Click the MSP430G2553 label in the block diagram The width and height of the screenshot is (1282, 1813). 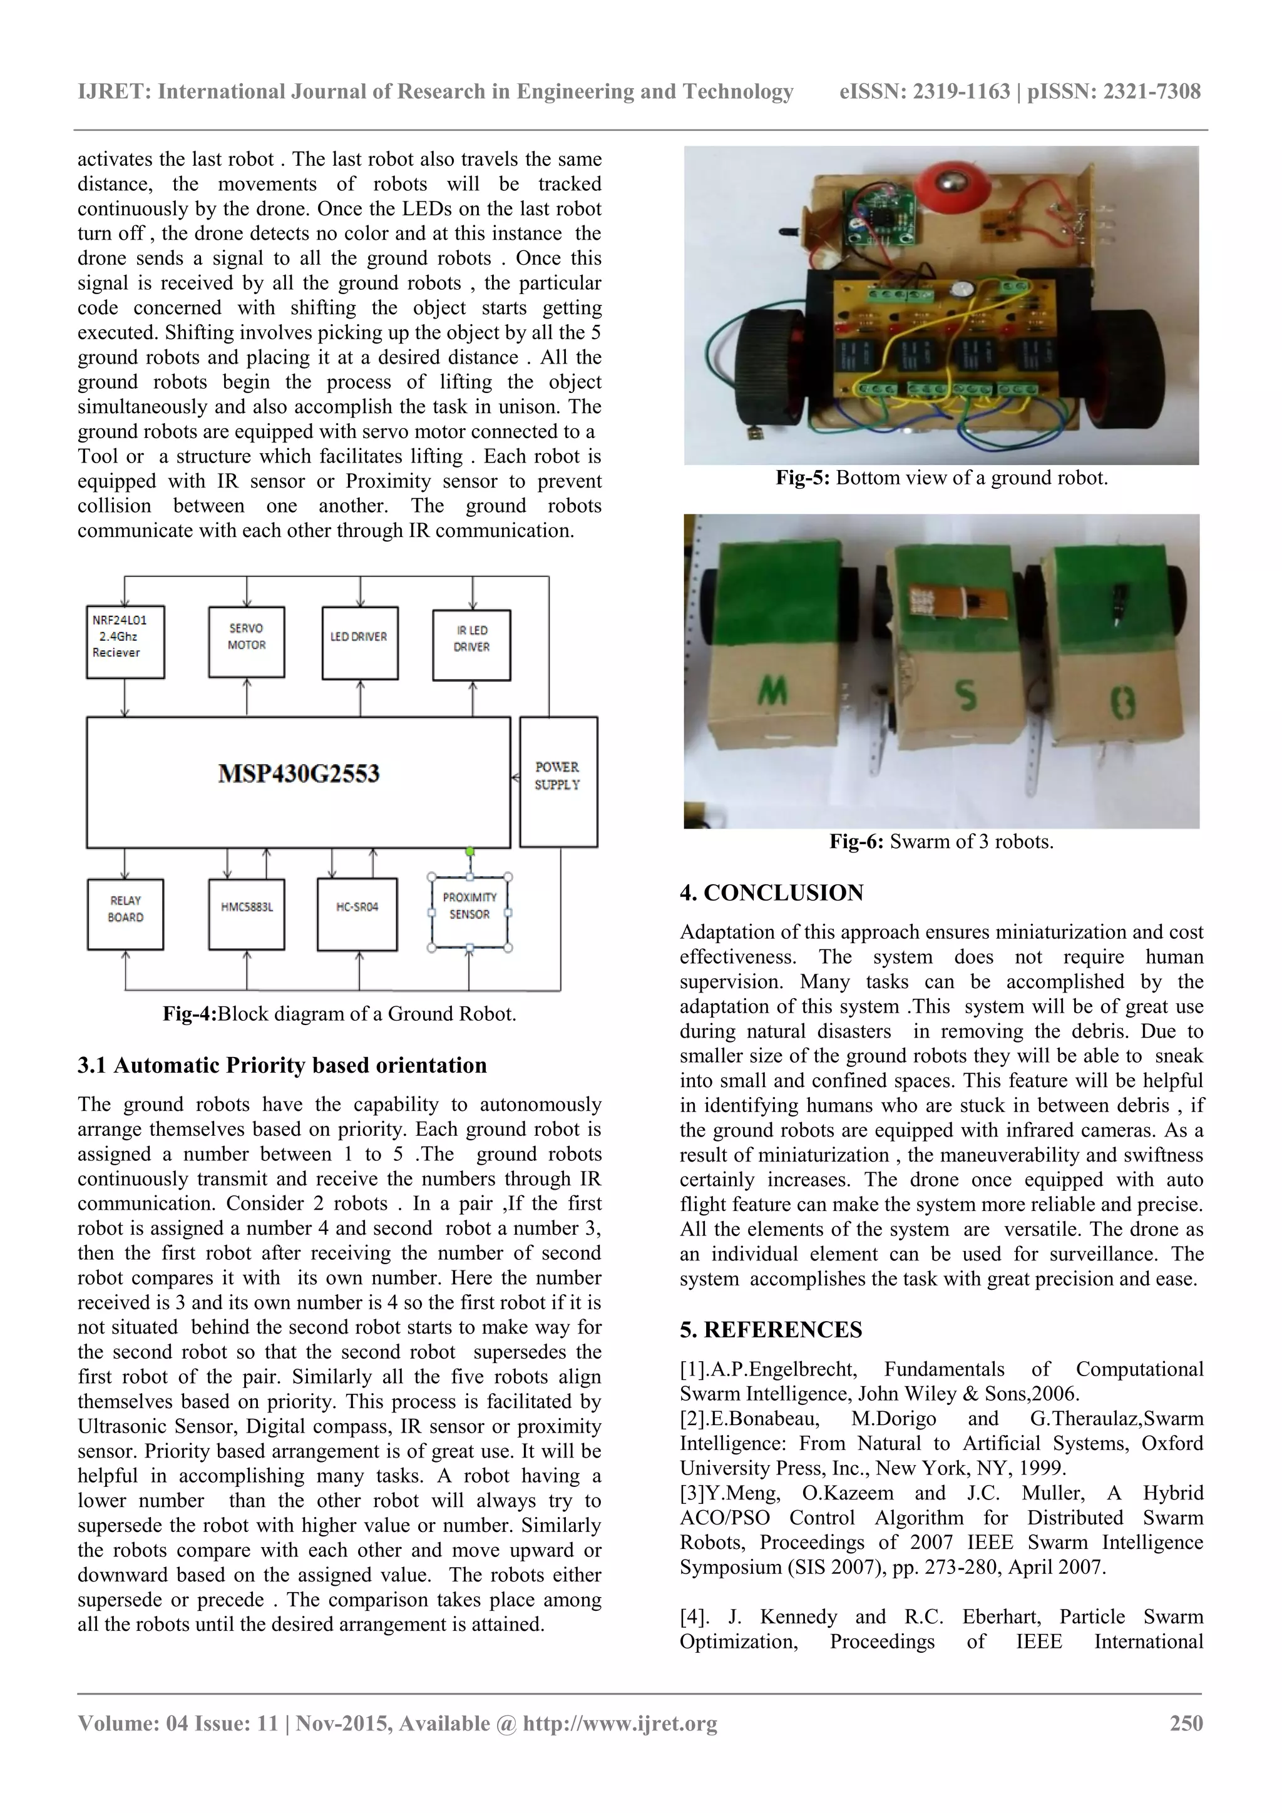pos(299,773)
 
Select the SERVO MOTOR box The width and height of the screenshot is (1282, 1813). pos(247,642)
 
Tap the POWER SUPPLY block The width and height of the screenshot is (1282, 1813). pos(558,781)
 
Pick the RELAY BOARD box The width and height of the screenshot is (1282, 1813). pos(126,914)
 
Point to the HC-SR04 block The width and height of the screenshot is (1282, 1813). pos(357,914)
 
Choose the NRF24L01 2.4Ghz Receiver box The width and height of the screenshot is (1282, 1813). pos(125,642)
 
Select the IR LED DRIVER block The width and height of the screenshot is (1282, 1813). pos(471,645)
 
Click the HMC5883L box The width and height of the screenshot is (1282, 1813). pos(247,914)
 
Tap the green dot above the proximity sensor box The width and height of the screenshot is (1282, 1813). pos(470,851)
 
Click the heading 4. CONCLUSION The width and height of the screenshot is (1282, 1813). pos(772,893)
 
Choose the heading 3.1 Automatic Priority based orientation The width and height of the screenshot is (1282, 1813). pos(282,1065)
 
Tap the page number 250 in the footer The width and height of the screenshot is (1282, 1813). pos(1186,1723)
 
